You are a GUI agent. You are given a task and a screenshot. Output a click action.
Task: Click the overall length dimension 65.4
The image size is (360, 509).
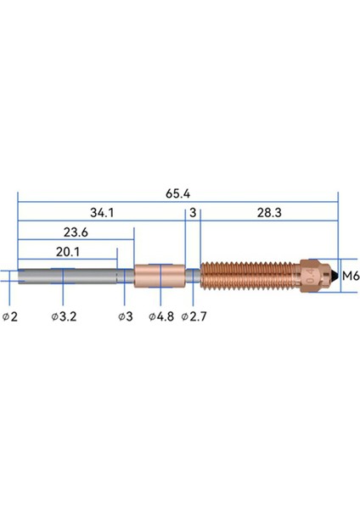click(177, 193)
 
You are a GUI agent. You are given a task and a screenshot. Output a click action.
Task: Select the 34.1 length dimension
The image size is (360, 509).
click(102, 213)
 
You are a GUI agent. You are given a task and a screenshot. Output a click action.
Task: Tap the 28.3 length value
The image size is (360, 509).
click(269, 213)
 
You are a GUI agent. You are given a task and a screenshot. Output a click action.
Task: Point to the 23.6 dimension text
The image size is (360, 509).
click(76, 232)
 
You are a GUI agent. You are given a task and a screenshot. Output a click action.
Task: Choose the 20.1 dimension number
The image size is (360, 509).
click(68, 252)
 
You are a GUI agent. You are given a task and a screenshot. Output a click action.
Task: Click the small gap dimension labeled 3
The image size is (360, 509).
click(193, 213)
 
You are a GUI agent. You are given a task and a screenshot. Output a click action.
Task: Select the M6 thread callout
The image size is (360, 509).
click(351, 276)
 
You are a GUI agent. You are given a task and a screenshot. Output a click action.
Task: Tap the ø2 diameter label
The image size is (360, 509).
click(10, 316)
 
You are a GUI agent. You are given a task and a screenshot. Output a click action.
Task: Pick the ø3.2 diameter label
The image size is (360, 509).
click(64, 316)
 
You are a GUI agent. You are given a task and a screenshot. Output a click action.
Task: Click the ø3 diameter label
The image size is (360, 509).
click(126, 316)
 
